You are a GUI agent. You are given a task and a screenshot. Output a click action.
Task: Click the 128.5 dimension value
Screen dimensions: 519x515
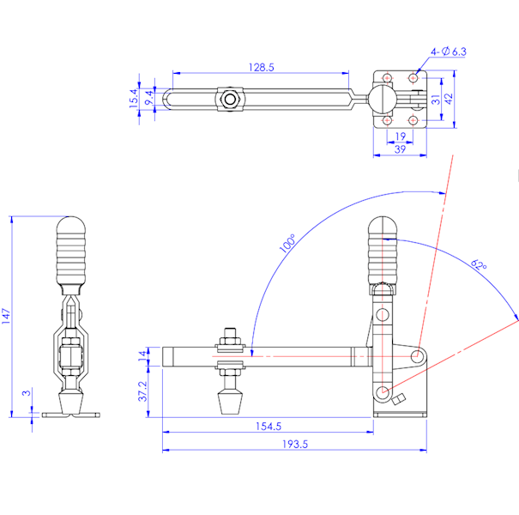coord(261,67)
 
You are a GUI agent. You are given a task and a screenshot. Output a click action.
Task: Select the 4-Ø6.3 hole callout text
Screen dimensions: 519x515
coord(448,51)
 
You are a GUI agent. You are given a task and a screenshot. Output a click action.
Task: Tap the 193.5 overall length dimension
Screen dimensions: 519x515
coord(295,444)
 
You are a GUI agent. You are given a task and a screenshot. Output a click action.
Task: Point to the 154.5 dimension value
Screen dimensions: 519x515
coord(269,426)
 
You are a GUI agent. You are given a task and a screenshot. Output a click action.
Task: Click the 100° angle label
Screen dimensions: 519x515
coord(287,244)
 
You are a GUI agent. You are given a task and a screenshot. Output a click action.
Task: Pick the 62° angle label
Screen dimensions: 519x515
coord(479,265)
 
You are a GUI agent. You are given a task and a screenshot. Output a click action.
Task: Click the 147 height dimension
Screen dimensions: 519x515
coord(6,316)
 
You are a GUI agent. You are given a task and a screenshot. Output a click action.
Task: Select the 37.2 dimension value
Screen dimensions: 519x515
coord(142,391)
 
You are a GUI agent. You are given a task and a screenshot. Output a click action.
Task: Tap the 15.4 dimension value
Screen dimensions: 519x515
coord(134,98)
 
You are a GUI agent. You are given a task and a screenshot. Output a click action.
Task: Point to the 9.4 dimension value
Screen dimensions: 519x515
coord(149,98)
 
